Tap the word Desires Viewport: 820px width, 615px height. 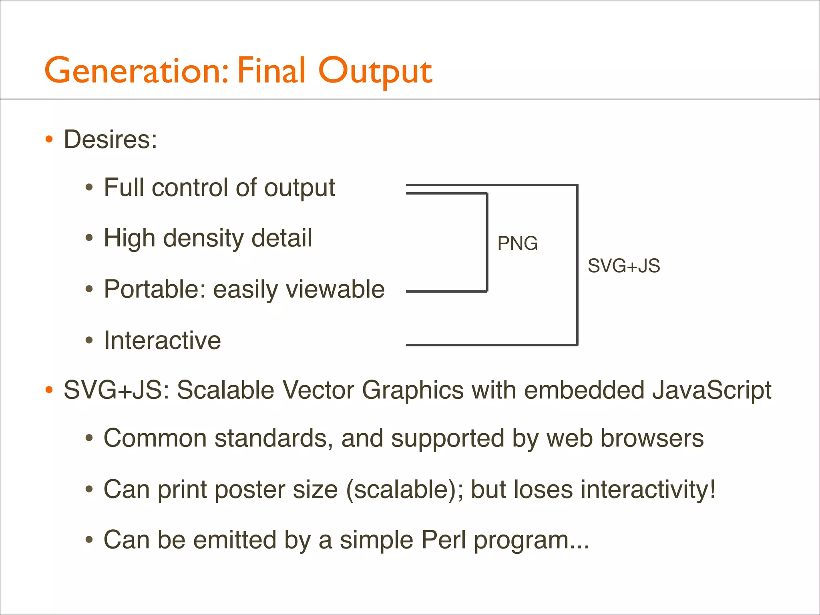coord(110,139)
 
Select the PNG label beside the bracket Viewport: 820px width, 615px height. coord(517,243)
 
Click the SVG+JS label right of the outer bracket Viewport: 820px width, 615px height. coord(623,266)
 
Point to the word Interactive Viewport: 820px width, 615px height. coord(162,340)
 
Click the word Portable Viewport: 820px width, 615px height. coord(155,289)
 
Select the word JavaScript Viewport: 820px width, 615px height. coord(711,390)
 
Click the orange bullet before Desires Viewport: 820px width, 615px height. coord(49,140)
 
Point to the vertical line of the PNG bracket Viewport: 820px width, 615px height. coord(487,242)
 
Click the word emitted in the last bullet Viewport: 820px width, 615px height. coord(235,540)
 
